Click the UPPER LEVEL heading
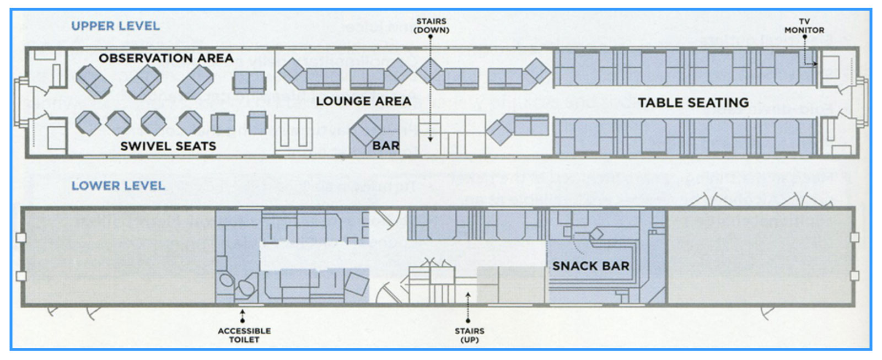tap(115, 26)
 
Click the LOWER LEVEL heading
tap(118, 186)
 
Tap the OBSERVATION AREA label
tap(166, 58)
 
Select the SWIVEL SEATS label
tap(168, 146)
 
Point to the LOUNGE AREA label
tap(363, 101)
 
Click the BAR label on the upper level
tap(386, 146)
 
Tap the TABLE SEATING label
tap(693, 103)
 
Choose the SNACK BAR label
tap(590, 266)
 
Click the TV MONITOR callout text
tap(804, 25)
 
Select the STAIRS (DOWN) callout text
tap(431, 25)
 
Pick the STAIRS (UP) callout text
tap(469, 335)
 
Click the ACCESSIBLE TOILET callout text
tap(244, 335)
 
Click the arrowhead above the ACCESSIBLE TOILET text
tap(243, 311)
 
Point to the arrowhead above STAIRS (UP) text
tap(468, 294)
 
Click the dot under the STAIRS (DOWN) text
tap(431, 36)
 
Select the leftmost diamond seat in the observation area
tap(94, 81)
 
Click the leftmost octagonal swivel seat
tap(88, 123)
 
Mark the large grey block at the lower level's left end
tap(119, 256)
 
